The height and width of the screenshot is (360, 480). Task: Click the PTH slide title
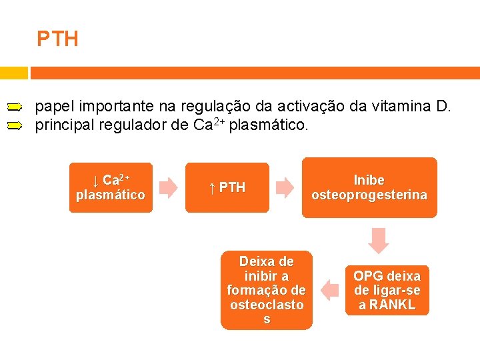pyautogui.click(x=57, y=39)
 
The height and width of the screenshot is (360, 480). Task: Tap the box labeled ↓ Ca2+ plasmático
pyautogui.click(x=111, y=188)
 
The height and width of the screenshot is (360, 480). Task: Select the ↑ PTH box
pyautogui.click(x=227, y=188)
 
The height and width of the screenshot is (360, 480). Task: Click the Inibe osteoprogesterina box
pyautogui.click(x=369, y=188)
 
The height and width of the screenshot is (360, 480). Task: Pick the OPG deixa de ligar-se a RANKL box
pyautogui.click(x=387, y=291)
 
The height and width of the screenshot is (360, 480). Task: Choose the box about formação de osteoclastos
pyautogui.click(x=267, y=290)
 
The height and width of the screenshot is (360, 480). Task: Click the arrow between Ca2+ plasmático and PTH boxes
pyautogui.click(x=169, y=188)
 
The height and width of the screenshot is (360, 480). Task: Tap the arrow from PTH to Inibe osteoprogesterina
pyautogui.click(x=285, y=188)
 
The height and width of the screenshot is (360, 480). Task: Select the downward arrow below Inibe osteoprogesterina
pyautogui.click(x=379, y=240)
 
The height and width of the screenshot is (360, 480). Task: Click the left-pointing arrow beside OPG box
pyautogui.click(x=329, y=290)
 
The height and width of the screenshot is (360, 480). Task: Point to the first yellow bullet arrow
pyautogui.click(x=15, y=107)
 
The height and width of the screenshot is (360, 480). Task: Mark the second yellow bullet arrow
pyautogui.click(x=15, y=125)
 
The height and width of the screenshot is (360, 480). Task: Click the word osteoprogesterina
pyautogui.click(x=369, y=195)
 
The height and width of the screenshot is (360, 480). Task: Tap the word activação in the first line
pyautogui.click(x=311, y=106)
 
